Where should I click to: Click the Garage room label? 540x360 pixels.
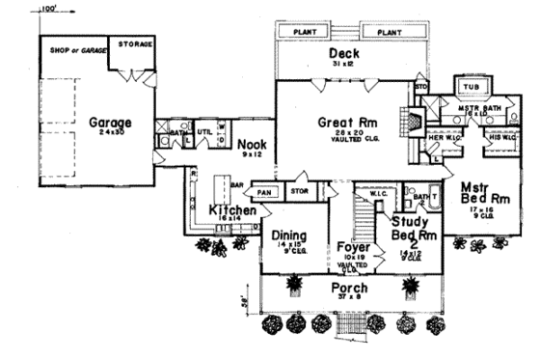[111, 123]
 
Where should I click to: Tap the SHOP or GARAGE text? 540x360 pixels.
[71, 48]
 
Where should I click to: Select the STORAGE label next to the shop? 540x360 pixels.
[134, 44]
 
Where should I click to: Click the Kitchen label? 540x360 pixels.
[232, 209]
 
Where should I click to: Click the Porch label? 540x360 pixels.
[350, 289]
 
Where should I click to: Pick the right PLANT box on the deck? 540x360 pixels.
[389, 32]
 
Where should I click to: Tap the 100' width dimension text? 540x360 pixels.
[50, 9]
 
